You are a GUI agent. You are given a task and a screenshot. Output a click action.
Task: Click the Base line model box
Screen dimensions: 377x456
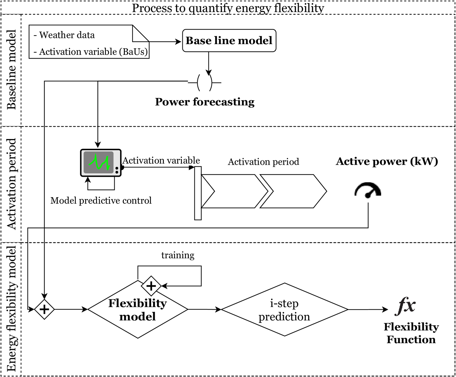click(229, 41)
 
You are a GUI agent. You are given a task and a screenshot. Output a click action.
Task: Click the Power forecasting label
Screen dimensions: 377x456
click(205, 102)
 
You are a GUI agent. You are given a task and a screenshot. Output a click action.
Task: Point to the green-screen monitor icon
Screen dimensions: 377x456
click(101, 163)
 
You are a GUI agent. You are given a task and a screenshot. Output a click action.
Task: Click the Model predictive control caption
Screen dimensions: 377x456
click(101, 201)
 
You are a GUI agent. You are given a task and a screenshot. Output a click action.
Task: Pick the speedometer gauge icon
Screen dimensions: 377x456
click(368, 190)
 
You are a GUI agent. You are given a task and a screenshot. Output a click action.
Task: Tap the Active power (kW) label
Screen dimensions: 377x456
click(387, 161)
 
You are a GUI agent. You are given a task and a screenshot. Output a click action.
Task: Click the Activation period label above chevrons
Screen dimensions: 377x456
click(263, 162)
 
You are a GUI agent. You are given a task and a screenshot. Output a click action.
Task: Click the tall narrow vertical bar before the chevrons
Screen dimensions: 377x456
click(198, 193)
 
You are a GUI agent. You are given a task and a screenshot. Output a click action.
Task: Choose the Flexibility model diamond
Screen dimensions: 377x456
click(137, 310)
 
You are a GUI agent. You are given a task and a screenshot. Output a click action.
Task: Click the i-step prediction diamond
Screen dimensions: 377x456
click(284, 310)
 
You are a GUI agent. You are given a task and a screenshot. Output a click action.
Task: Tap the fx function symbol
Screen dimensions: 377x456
click(406, 306)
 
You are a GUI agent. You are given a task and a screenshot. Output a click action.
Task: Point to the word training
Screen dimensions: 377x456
click(178, 255)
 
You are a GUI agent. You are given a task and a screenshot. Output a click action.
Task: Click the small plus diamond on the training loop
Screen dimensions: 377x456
click(151, 286)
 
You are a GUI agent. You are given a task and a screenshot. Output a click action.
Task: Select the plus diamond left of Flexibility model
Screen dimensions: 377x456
click(44, 309)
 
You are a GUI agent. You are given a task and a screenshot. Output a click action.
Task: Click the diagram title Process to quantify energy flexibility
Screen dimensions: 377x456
click(228, 8)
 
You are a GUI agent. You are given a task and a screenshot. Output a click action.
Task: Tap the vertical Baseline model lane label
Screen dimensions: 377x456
click(11, 70)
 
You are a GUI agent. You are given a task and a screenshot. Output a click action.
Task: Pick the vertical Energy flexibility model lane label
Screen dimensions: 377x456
click(11, 309)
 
